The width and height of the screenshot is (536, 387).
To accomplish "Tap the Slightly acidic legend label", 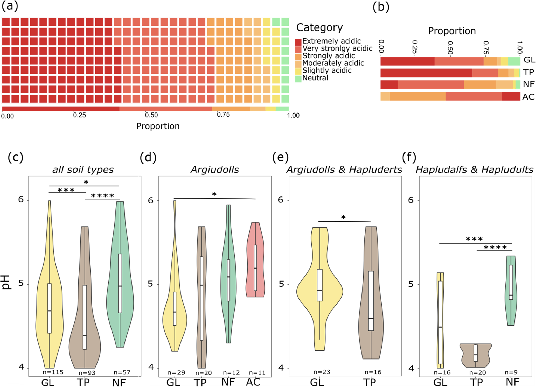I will [327, 71].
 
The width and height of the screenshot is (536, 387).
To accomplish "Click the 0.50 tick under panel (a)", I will [151, 115].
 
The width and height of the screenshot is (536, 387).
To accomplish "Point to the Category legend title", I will [319, 27].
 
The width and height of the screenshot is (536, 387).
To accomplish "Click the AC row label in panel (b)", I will [528, 97].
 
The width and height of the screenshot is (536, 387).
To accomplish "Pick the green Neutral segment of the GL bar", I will [514, 61].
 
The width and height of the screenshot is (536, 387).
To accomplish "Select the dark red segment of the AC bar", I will [511, 96].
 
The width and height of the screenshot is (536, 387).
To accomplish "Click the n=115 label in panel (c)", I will [53, 372].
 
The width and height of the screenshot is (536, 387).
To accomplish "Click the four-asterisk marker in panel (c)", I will [102, 196].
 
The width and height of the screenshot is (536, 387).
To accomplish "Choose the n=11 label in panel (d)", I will [257, 373].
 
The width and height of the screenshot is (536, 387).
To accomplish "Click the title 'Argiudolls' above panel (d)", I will [215, 170].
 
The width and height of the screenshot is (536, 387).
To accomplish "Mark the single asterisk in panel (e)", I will [343, 217].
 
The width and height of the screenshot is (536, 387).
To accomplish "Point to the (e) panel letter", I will [280, 157].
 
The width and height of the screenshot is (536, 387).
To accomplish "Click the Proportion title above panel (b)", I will [452, 31].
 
